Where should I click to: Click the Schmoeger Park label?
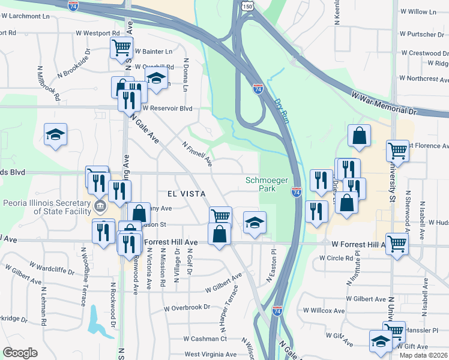click(262, 185)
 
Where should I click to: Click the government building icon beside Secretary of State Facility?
click(100, 207)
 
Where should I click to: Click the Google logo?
click(20, 353)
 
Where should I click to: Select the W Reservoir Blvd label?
click(168, 109)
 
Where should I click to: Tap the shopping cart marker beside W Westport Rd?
click(122, 46)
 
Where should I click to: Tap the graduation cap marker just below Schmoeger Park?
click(255, 223)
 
